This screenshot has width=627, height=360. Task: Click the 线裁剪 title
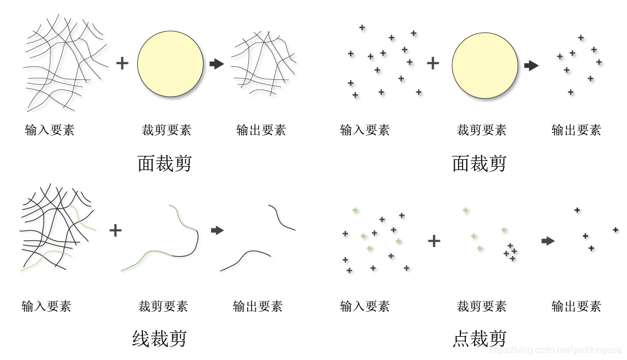(x=159, y=339)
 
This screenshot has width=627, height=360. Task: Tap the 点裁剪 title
(x=479, y=339)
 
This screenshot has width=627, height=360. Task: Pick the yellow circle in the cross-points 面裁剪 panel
(x=485, y=65)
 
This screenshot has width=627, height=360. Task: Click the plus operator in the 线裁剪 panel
(x=115, y=230)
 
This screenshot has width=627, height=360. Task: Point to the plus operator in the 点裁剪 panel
(x=434, y=241)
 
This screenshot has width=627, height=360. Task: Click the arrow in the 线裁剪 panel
(x=217, y=230)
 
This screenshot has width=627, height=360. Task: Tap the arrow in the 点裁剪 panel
(x=548, y=241)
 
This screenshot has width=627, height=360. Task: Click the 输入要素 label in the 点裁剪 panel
(x=365, y=307)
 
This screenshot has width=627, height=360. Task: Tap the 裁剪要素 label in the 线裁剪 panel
(x=163, y=307)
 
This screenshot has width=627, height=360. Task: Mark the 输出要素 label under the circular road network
(x=261, y=130)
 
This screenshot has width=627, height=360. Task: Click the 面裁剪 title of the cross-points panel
(x=479, y=164)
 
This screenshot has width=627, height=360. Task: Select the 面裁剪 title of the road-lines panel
(x=164, y=164)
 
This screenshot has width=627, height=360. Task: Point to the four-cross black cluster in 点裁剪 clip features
(x=510, y=252)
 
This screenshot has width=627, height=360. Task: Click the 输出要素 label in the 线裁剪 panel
(x=257, y=307)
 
